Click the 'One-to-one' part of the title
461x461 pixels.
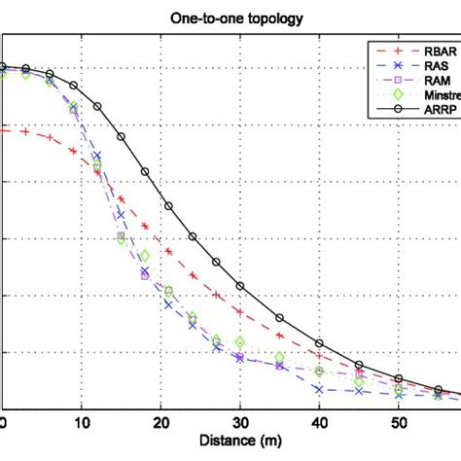pos(200,15)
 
